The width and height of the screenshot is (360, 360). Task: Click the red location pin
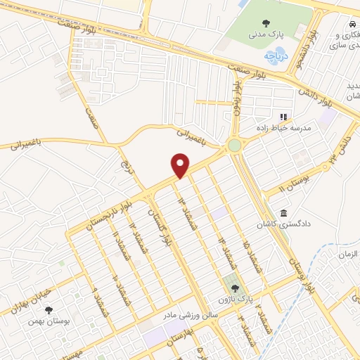tap(181, 165)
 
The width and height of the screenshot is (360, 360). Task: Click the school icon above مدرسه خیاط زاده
tap(284, 117)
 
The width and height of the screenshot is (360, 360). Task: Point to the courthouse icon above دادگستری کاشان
tap(283, 213)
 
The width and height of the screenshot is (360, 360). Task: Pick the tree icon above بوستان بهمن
tap(49, 309)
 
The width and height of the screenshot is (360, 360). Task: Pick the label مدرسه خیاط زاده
tap(283, 129)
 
